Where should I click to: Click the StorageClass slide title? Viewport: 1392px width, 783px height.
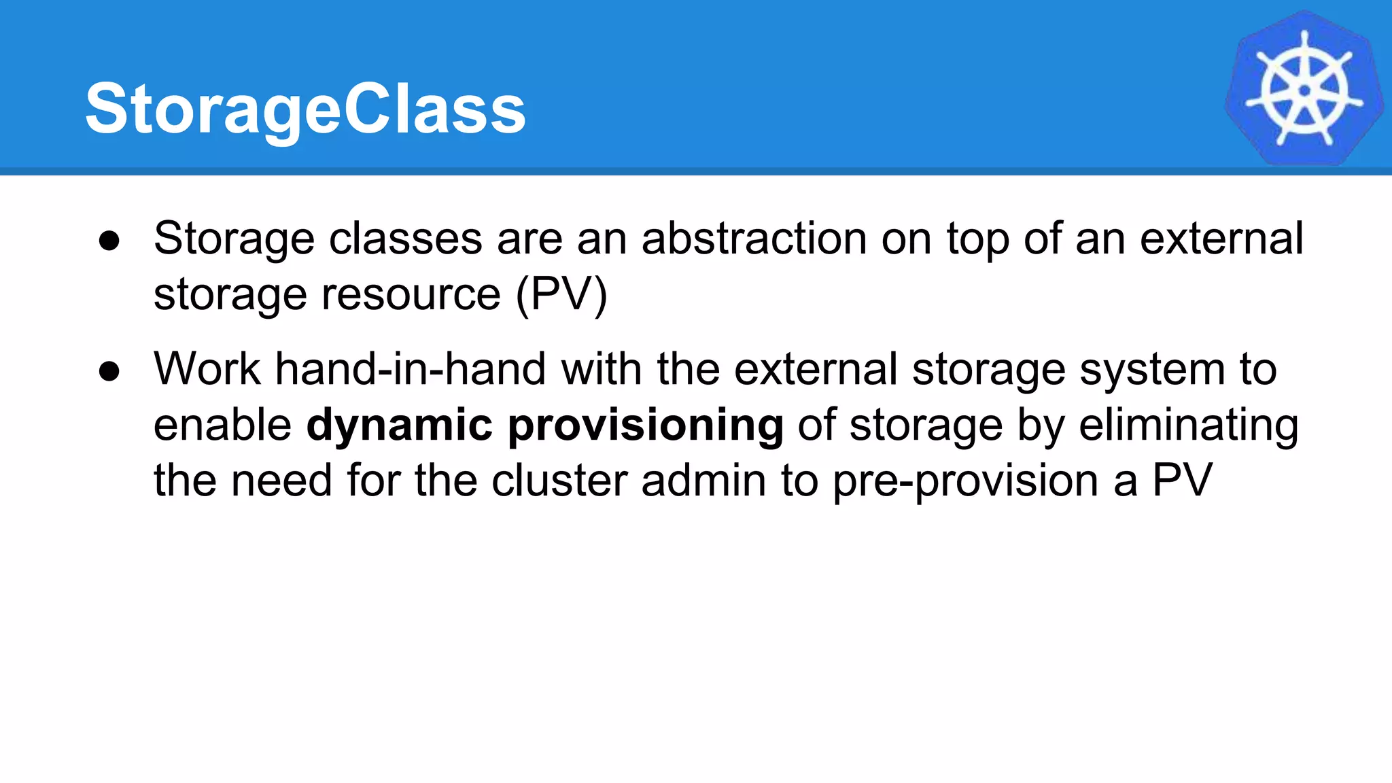coord(305,109)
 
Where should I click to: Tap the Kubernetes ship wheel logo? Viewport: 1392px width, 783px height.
coord(1304,88)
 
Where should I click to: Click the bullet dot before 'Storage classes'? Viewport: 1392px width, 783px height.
coord(109,241)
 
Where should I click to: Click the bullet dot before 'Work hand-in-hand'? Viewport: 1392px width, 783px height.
coord(109,371)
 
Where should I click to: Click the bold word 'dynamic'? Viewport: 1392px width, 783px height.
coord(399,425)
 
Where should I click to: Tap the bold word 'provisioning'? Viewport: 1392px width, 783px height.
coord(646,425)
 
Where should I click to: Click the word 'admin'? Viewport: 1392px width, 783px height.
coord(703,480)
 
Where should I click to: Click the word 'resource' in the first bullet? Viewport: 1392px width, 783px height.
coord(411,295)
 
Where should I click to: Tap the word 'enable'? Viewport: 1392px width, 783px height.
coord(222,425)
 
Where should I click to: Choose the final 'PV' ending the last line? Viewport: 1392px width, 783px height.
coord(1182,480)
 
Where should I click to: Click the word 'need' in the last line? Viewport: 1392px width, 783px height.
coord(281,480)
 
